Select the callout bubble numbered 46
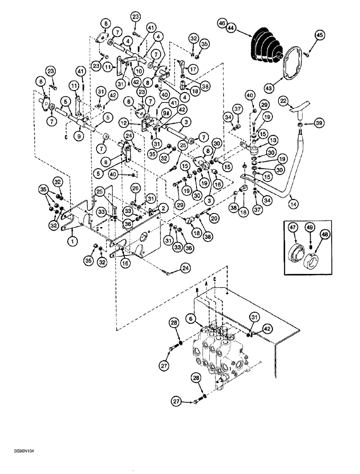222,23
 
